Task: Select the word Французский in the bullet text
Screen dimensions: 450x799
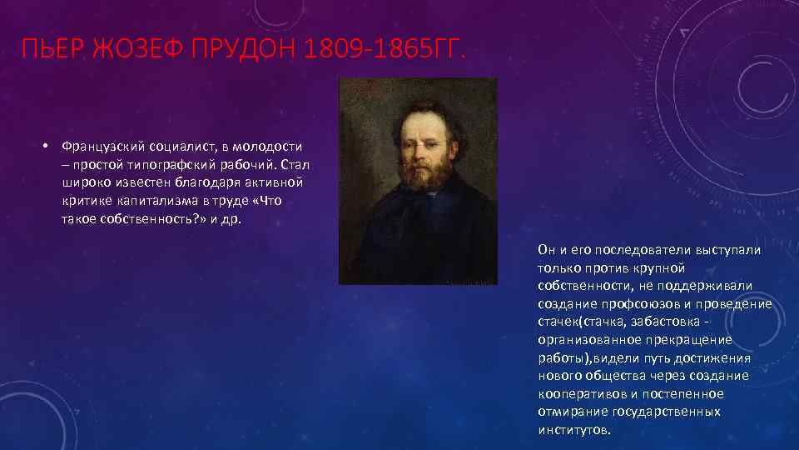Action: (x=97, y=147)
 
